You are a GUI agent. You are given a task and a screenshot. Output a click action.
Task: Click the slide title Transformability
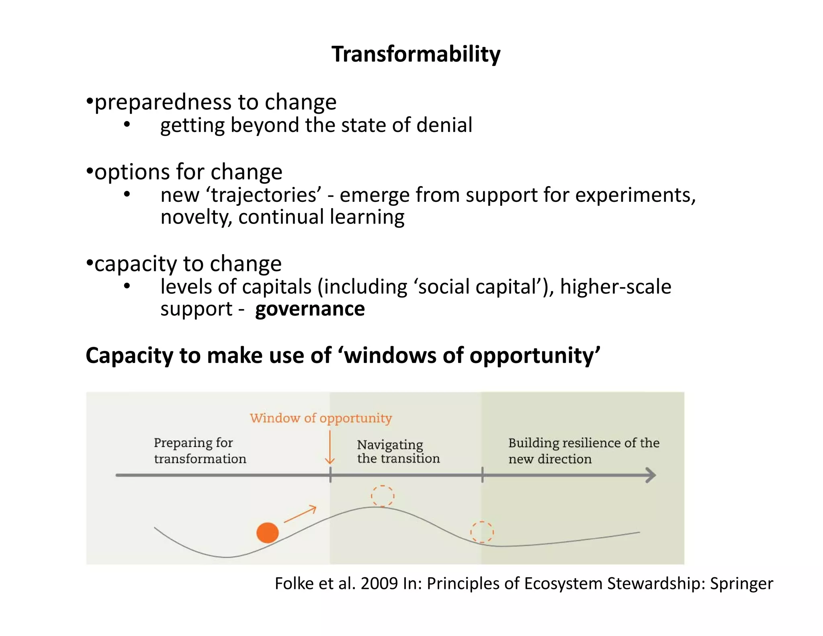[416, 54]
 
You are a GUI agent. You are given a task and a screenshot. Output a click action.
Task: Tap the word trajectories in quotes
[266, 195]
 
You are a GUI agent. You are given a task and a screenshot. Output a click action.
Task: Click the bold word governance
[310, 309]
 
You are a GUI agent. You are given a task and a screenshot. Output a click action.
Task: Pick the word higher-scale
[615, 287]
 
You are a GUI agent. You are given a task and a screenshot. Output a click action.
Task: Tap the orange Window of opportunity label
[321, 418]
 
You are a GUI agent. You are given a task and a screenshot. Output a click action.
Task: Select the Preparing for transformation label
[200, 451]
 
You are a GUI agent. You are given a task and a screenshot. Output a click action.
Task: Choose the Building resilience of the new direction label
[583, 451]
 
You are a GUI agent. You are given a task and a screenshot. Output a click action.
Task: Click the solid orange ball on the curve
[268, 533]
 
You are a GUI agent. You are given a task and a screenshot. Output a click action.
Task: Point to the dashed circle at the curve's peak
[383, 496]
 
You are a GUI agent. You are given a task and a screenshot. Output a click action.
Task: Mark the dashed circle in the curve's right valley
[482, 532]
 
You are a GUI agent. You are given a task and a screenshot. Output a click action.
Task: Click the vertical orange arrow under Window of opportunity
[330, 447]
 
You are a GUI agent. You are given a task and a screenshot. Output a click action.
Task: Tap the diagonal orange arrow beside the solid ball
[300, 514]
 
